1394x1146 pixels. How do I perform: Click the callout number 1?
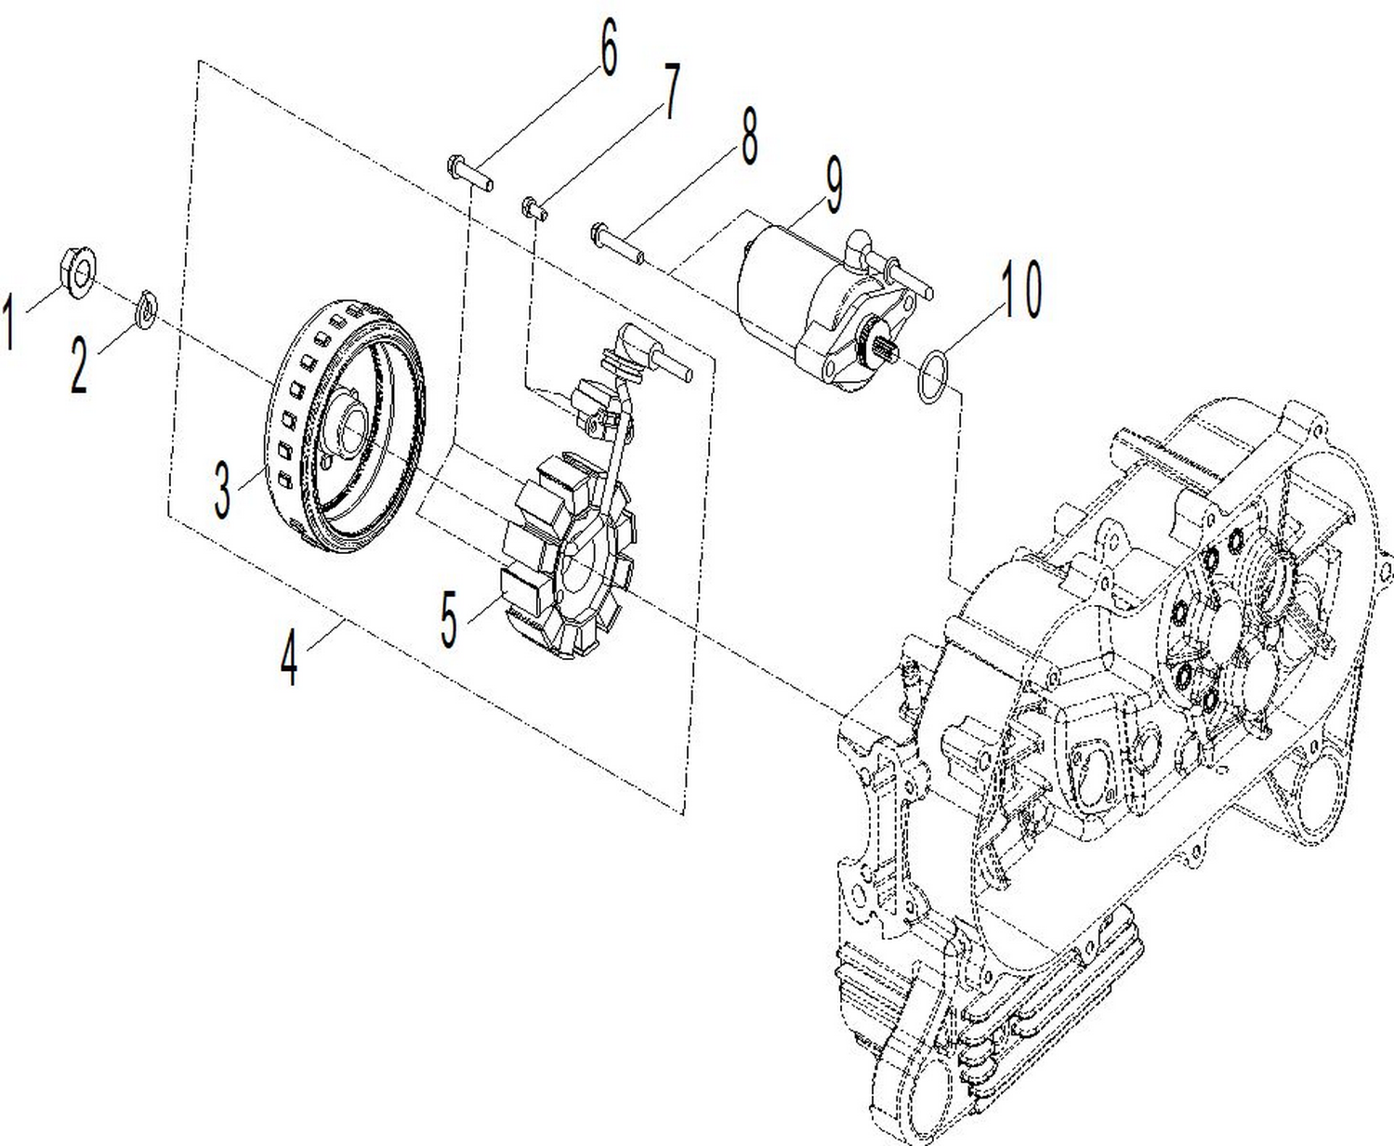tap(10, 322)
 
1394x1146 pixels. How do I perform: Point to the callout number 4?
tap(290, 657)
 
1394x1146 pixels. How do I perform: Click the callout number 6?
tap(608, 48)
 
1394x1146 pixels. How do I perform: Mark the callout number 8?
tap(748, 136)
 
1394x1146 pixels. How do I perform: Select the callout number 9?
tap(833, 184)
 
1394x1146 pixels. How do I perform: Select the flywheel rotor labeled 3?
tap(348, 428)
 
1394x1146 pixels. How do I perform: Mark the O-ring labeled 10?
tap(932, 377)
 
